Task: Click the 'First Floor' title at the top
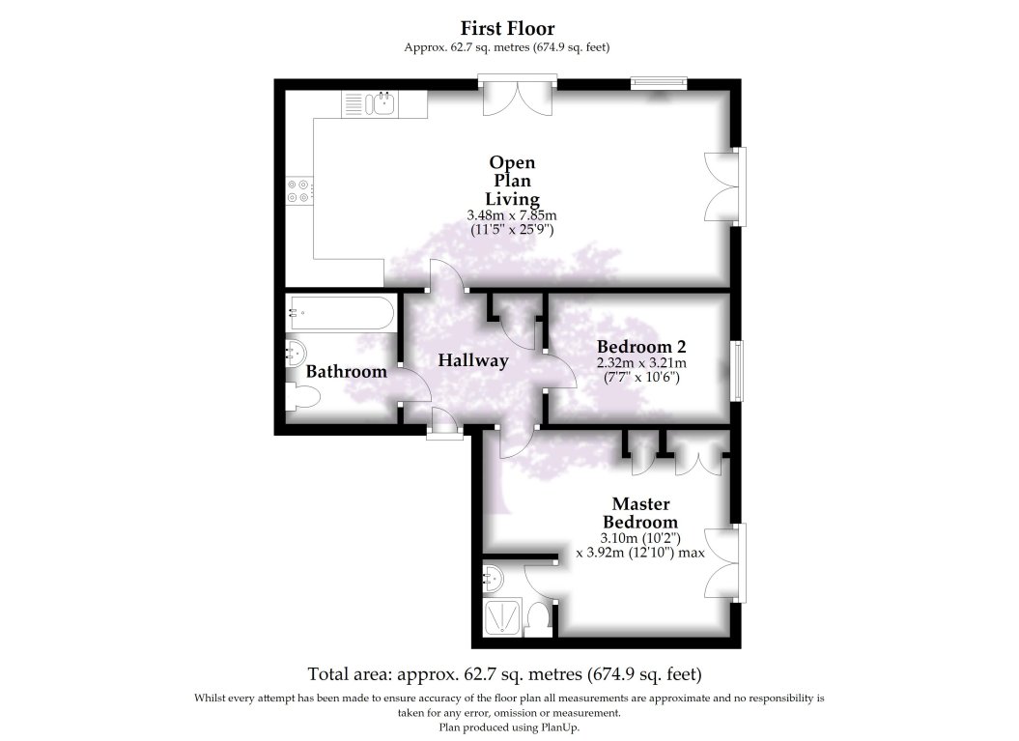click(x=507, y=28)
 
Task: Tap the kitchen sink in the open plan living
click(x=383, y=102)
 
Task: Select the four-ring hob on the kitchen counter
click(x=298, y=190)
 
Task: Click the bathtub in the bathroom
click(x=340, y=313)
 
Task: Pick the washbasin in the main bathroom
click(x=295, y=354)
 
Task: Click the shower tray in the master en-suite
click(x=502, y=616)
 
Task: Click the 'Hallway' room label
click(x=472, y=360)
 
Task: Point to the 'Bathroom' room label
click(x=346, y=371)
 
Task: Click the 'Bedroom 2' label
click(x=641, y=347)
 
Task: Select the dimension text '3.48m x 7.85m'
click(x=511, y=215)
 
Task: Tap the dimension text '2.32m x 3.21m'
click(x=641, y=363)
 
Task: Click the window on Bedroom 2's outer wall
click(x=738, y=370)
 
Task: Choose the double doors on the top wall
click(x=519, y=98)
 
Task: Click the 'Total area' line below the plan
click(x=504, y=673)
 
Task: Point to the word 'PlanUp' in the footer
click(x=559, y=727)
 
